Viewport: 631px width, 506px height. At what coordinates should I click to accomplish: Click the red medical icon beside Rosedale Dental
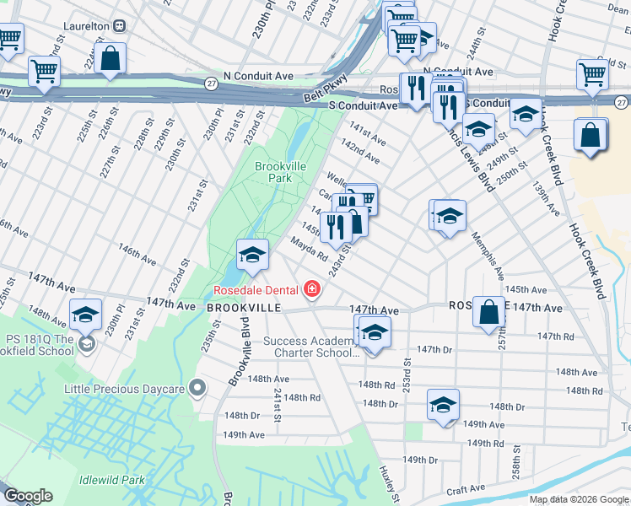point(312,290)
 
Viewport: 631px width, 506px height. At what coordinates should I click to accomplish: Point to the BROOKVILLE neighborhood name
point(244,309)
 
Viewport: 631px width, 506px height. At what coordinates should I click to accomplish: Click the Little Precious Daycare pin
point(197,389)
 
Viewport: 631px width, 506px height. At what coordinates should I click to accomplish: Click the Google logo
point(29,496)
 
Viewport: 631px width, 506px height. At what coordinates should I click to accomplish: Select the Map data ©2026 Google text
point(578,499)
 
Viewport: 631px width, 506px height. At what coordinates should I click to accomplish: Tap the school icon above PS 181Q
point(84,315)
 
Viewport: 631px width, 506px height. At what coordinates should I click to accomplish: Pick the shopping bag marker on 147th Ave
point(488,311)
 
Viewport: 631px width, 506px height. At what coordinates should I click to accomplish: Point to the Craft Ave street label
point(466,488)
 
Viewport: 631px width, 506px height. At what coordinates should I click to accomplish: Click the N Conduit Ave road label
point(458,73)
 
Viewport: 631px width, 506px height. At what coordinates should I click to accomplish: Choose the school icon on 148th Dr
point(442,405)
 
